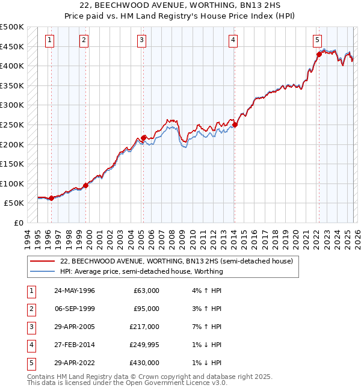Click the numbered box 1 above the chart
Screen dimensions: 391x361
49,40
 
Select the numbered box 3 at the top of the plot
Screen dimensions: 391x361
141,40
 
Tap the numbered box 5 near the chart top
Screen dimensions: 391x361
317,40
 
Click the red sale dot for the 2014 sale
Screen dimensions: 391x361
235,125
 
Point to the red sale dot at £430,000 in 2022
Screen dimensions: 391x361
319,55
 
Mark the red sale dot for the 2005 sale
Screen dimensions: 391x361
144,138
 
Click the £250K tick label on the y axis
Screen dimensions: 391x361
13,125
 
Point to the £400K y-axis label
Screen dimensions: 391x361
13,66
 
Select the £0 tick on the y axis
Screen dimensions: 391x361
18,223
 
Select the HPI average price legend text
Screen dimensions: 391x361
141,271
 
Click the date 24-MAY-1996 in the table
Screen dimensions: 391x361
75,291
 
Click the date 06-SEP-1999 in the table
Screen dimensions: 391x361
75,309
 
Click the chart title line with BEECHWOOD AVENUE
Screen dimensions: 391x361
180,6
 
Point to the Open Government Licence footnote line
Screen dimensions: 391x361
127,383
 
